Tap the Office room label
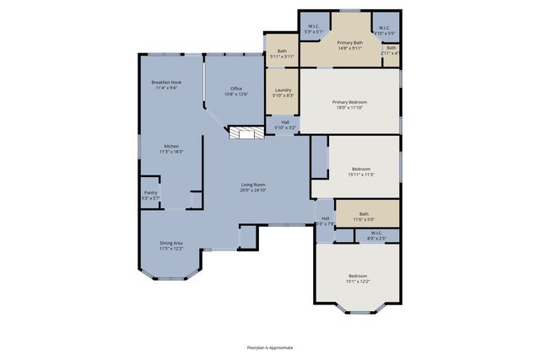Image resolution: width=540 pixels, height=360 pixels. coord(235,89)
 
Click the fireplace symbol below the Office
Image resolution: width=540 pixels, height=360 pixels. coord(245,134)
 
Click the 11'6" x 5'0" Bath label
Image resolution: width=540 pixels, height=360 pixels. coord(364,214)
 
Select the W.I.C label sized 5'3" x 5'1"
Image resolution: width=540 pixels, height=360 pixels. coord(313,28)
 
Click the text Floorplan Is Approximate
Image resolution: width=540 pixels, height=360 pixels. coord(269,347)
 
